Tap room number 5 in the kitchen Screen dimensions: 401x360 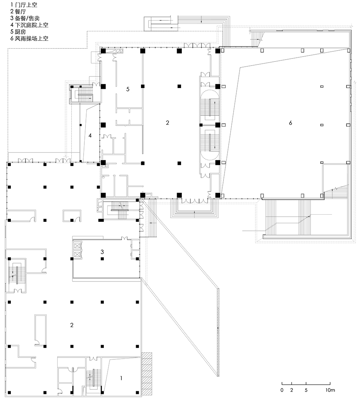(127, 89)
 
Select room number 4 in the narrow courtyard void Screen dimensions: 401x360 (90, 135)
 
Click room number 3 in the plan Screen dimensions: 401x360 (102, 252)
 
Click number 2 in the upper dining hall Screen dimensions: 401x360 (168, 123)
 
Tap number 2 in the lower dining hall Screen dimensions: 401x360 (72, 325)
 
